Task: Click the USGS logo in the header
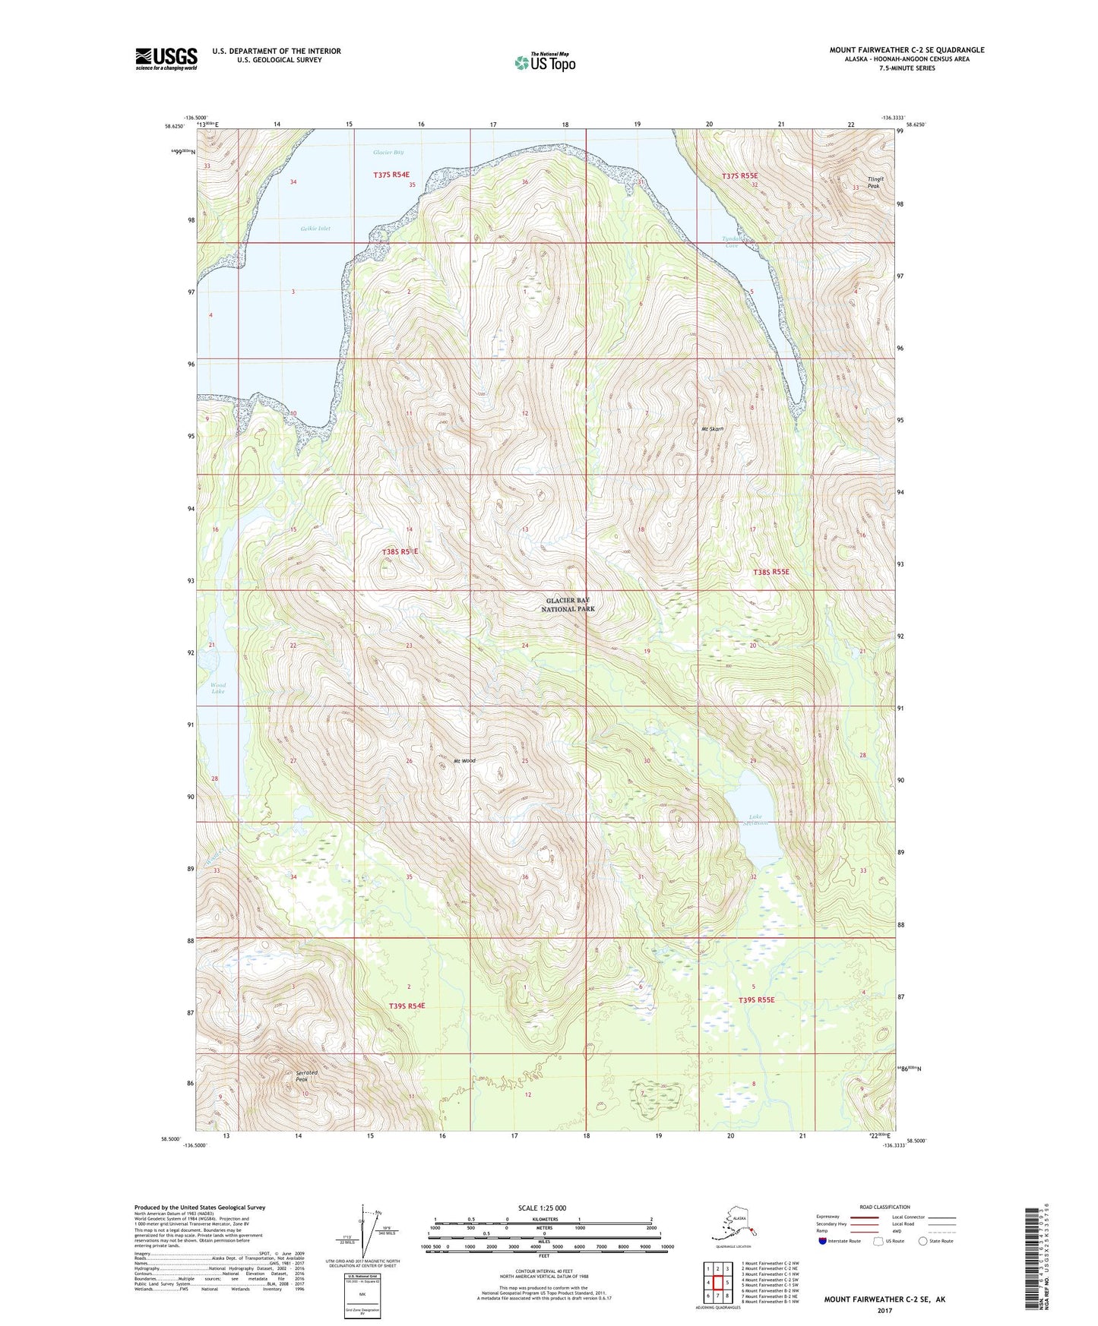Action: [x=166, y=58]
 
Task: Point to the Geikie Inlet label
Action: [x=315, y=228]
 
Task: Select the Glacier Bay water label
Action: [x=388, y=153]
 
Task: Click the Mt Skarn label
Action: [x=711, y=429]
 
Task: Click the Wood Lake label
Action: [x=218, y=688]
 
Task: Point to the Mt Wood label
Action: [x=464, y=760]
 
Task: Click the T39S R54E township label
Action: [x=407, y=1006]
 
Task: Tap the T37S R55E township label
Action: [x=739, y=176]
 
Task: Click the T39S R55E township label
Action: [x=756, y=1000]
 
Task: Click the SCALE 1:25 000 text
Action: [x=542, y=1208]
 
